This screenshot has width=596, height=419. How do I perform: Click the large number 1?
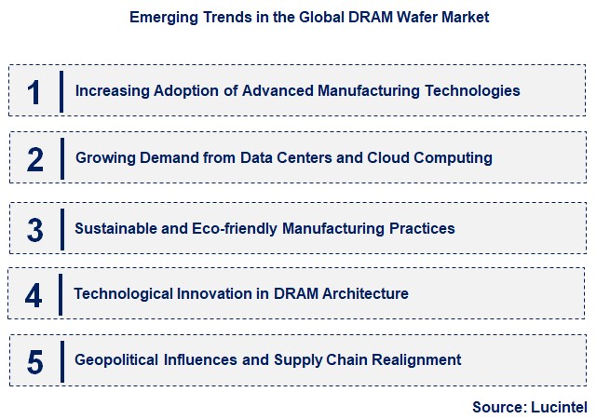click(x=34, y=91)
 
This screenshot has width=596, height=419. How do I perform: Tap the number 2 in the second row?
click(x=35, y=159)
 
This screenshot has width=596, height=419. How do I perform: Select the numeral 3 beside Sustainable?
click(x=35, y=228)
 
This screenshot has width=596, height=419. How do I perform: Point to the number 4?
click(x=34, y=295)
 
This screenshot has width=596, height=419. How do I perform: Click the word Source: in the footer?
click(x=498, y=407)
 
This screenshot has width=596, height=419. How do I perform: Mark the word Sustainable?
click(x=114, y=228)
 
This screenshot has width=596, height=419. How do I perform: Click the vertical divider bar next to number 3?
click(x=61, y=228)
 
